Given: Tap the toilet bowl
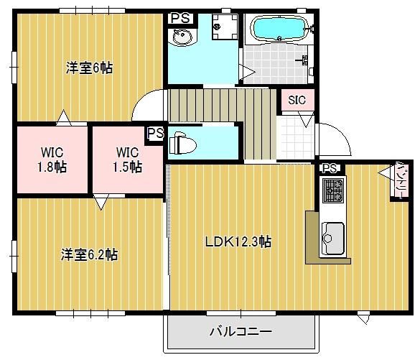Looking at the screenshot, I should (x=183, y=144).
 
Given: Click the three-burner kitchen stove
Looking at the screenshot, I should (x=333, y=190).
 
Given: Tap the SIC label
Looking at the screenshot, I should (x=297, y=101).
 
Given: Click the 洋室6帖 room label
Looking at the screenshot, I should (x=89, y=68).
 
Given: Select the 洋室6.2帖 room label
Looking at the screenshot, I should (x=89, y=254).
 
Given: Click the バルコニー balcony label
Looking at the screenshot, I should (x=241, y=332).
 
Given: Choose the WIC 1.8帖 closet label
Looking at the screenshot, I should (x=52, y=159).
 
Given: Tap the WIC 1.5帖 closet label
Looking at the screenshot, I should (x=129, y=159).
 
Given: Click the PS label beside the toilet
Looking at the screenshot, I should (x=155, y=134).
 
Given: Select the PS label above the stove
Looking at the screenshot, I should (x=330, y=168).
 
